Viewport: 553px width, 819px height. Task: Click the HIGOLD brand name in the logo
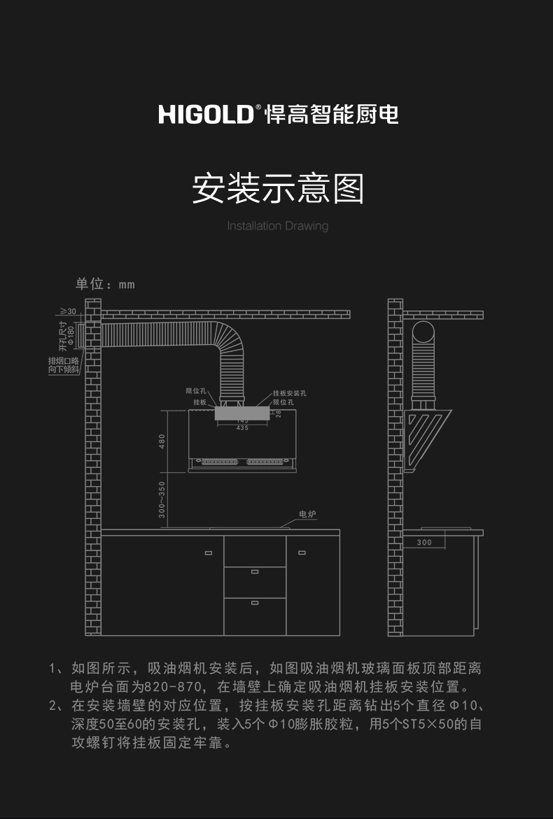[x=206, y=114]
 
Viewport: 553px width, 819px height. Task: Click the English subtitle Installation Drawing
[x=277, y=226]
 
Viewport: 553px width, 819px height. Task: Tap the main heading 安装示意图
[x=278, y=189]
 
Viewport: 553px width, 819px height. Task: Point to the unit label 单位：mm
[x=105, y=284]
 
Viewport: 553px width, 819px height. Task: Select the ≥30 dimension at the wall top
[x=68, y=311]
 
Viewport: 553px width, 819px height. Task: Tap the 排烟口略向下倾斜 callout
[x=64, y=365]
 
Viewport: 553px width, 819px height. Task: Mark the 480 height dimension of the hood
[x=162, y=441]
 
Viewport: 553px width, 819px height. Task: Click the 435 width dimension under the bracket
[x=242, y=427]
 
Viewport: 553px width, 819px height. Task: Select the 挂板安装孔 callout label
[x=289, y=394]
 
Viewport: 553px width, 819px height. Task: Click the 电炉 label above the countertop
[x=307, y=514]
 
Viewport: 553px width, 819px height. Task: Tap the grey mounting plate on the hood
[x=241, y=413]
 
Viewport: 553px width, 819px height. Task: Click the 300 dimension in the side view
[x=424, y=542]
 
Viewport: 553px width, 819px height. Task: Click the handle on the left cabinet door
[x=208, y=553]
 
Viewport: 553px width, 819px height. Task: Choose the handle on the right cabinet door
[x=302, y=553]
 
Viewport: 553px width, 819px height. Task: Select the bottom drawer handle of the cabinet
[x=254, y=602]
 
